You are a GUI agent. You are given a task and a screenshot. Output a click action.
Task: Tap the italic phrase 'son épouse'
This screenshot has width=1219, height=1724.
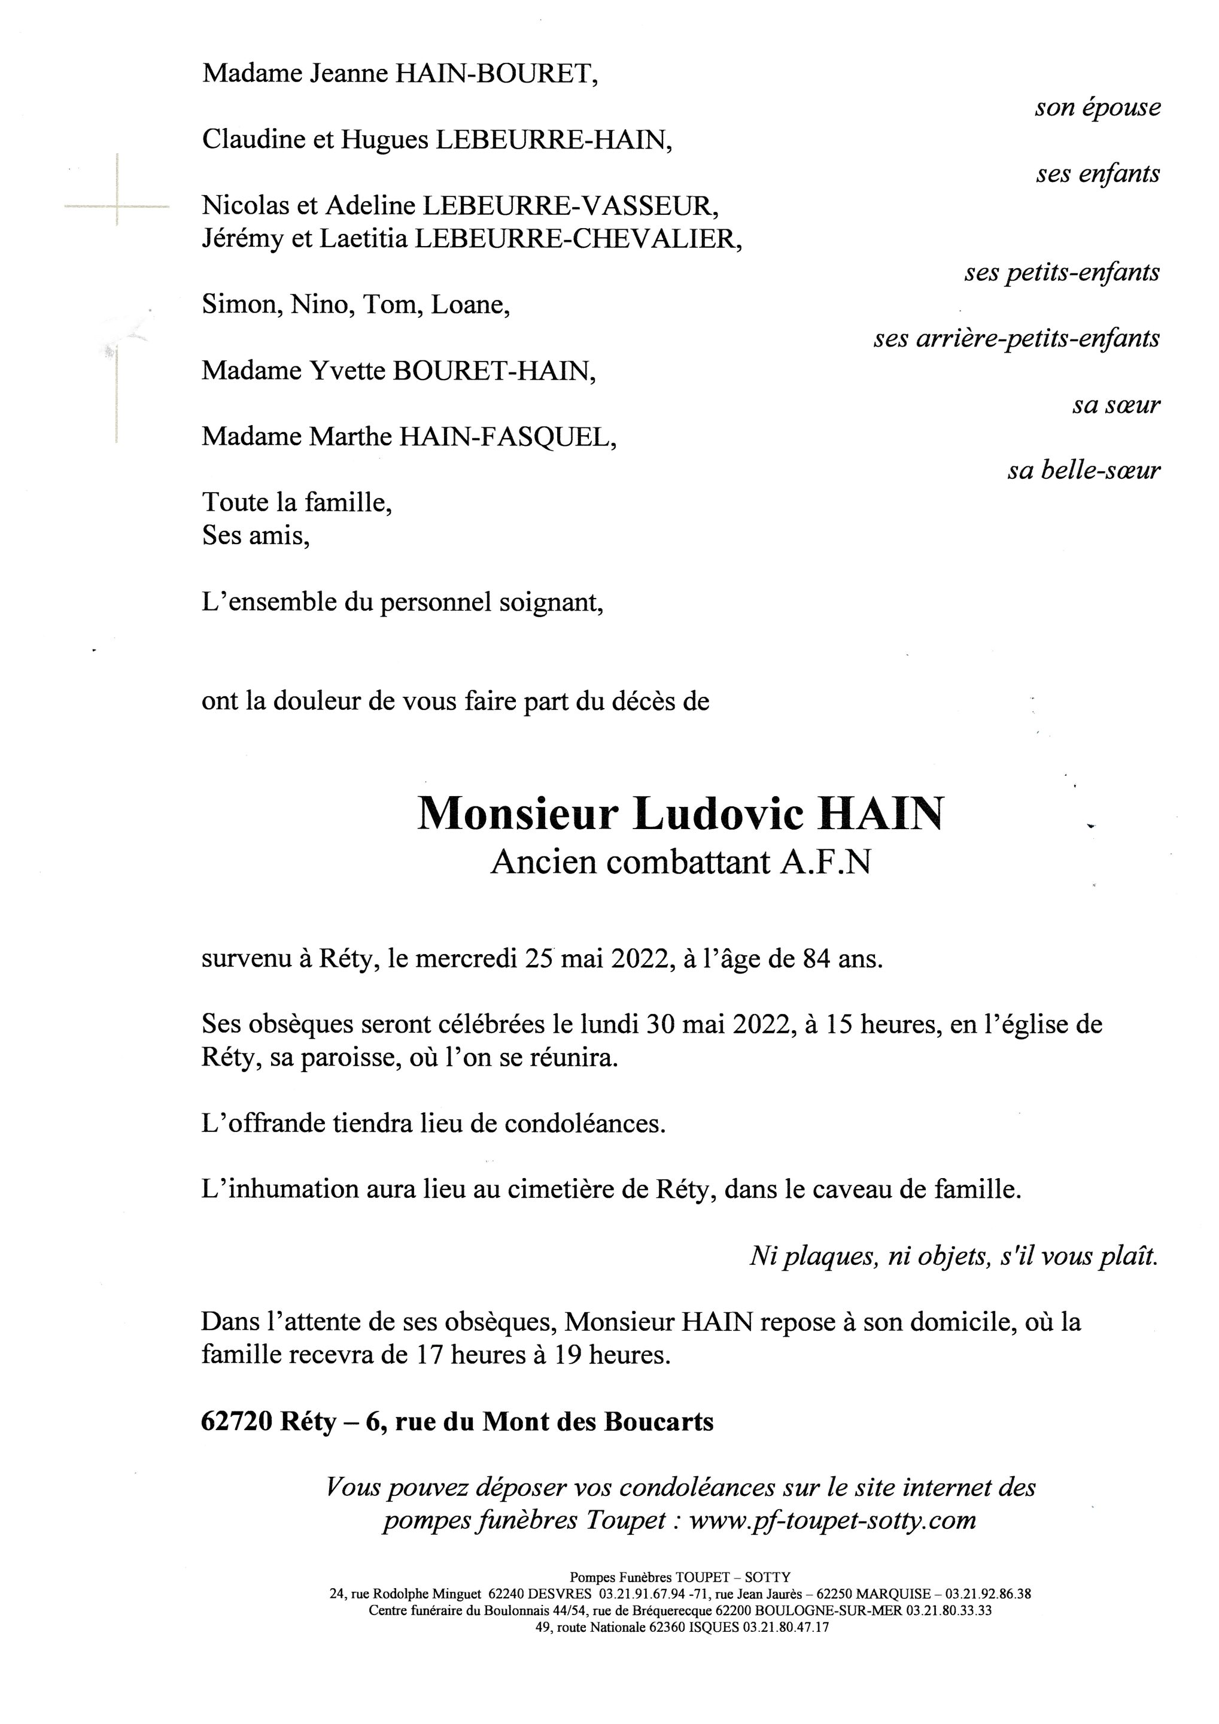1097,107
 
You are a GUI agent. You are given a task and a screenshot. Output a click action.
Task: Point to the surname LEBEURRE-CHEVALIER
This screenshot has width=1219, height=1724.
578,239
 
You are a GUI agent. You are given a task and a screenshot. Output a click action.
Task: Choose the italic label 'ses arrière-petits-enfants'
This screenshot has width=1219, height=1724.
1016,339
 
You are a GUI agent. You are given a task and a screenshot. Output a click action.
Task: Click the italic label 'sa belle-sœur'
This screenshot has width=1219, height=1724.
1083,471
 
